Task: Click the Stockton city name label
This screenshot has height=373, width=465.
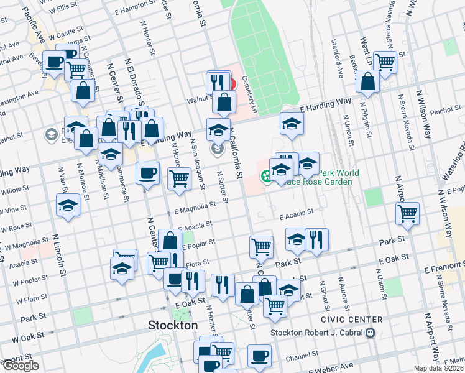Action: (x=173, y=325)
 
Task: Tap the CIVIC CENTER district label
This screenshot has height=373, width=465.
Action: (x=352, y=320)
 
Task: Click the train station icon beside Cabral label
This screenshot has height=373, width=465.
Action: (x=371, y=332)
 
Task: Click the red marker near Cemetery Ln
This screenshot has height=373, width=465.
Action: (x=231, y=83)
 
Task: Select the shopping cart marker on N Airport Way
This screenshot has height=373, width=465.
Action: (x=407, y=213)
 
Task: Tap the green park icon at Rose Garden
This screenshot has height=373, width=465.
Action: (x=266, y=177)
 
